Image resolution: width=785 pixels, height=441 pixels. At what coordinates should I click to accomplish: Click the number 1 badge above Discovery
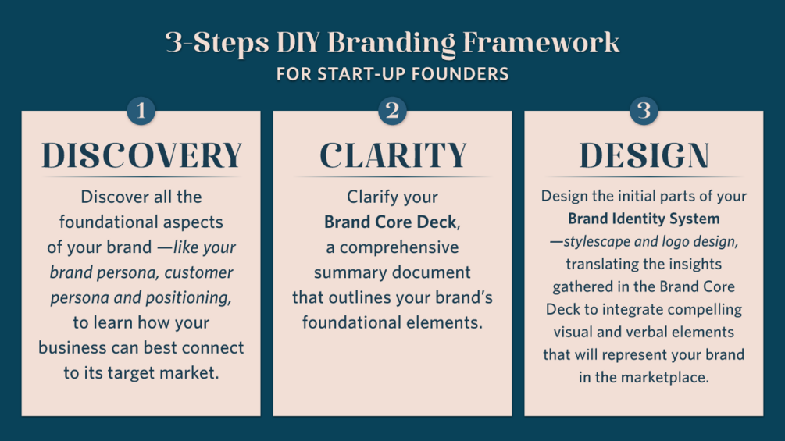click(x=141, y=111)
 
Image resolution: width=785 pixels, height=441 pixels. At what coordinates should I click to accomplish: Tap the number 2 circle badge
click(x=392, y=111)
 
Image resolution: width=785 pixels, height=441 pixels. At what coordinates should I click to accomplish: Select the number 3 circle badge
click(x=644, y=111)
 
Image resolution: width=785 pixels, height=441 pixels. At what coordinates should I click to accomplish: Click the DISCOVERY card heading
click(x=141, y=155)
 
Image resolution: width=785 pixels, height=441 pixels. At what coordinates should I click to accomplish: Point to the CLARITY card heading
click(x=393, y=155)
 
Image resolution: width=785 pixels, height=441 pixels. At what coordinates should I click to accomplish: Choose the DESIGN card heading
click(x=644, y=155)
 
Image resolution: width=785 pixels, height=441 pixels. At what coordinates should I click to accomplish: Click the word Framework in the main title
click(x=541, y=42)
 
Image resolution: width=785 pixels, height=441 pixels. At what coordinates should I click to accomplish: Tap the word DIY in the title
click(x=298, y=42)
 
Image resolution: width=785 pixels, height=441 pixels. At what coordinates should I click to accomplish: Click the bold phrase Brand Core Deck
click(x=391, y=222)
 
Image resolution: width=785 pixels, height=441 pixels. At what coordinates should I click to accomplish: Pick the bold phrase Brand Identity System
click(x=644, y=219)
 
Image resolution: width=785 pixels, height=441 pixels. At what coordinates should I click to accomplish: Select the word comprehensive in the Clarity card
click(x=399, y=247)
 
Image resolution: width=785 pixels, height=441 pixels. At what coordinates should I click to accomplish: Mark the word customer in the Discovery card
click(x=198, y=272)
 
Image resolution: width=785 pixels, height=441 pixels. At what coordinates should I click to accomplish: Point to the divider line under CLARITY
click(x=393, y=176)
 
